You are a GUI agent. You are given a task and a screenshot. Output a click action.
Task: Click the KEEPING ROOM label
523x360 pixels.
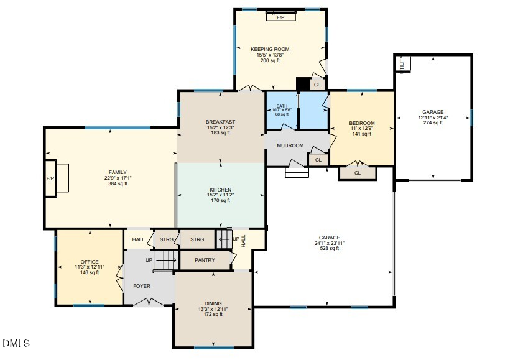[270, 49]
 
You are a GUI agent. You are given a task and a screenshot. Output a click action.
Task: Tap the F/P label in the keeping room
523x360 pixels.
[280, 17]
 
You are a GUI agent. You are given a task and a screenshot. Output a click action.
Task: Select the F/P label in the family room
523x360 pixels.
[50, 178]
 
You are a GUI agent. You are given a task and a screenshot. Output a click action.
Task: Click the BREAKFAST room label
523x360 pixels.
[221, 121]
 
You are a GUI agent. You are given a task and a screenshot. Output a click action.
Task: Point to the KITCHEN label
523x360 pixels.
[221, 190]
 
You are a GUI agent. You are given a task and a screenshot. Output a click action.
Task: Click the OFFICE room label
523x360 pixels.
[90, 262]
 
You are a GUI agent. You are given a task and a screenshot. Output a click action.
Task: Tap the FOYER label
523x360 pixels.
[142, 286]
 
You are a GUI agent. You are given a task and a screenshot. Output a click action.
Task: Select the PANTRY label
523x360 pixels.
[205, 260]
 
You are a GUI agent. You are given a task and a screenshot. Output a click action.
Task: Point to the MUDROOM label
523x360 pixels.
[290, 145]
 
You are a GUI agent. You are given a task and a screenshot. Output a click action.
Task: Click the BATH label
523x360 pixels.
[282, 106]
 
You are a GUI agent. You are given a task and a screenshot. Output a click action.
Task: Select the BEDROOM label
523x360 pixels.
[362, 123]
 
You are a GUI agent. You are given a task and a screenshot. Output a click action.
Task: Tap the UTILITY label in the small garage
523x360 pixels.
[402, 64]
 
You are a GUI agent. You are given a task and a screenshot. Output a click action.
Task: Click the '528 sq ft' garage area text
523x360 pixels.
[330, 248]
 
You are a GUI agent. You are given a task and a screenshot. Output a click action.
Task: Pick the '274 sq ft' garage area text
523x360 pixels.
[433, 122]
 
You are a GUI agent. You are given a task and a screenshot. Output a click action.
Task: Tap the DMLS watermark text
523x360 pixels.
[16, 343]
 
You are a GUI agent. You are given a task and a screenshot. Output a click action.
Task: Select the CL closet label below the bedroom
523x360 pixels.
[358, 173]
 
